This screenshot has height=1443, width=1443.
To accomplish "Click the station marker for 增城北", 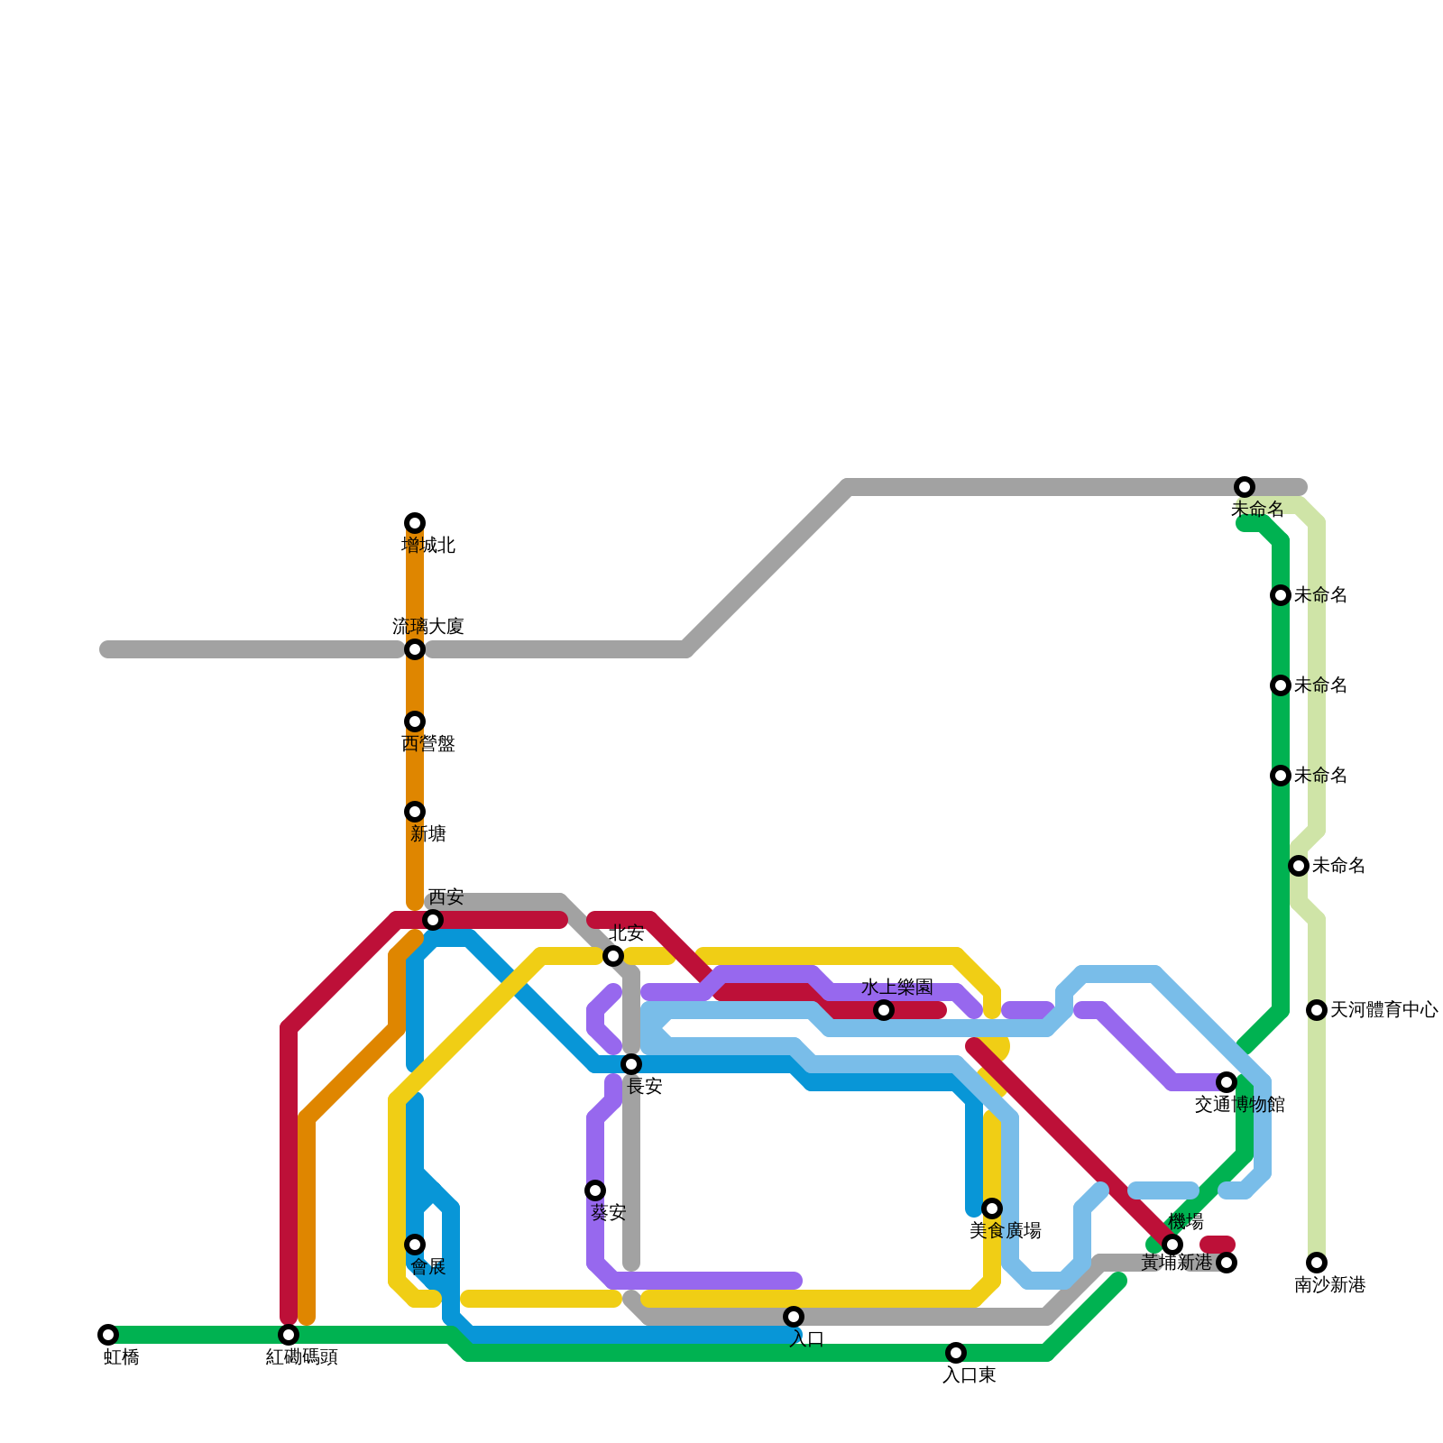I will (415, 523).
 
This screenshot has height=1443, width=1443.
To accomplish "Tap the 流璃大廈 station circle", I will (415, 649).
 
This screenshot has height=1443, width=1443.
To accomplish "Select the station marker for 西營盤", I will (415, 721).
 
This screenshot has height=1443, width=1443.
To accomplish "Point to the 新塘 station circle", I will (415, 812).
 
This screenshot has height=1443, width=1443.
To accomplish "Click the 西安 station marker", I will (433, 920).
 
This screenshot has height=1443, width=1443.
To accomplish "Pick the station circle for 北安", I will (613, 956).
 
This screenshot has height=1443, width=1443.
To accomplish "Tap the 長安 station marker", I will (631, 1064).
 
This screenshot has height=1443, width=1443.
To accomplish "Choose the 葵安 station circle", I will (595, 1190).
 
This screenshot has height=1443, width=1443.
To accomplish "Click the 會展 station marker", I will (415, 1245).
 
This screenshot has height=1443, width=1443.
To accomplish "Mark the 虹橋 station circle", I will (108, 1335).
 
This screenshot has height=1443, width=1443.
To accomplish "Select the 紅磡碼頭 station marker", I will (289, 1335).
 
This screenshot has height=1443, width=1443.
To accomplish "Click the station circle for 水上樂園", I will (884, 1010).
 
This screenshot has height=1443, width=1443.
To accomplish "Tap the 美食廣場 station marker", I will (992, 1209).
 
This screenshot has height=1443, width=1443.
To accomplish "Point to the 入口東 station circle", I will (956, 1353).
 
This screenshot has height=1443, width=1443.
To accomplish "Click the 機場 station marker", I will (1172, 1245).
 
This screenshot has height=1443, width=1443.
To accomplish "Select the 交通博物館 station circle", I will (1227, 1082).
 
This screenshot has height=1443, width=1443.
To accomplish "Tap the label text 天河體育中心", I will (1383, 1010).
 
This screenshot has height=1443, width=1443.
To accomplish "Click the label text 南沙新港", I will (1329, 1285).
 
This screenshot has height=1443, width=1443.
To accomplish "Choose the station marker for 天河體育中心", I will (1317, 1010).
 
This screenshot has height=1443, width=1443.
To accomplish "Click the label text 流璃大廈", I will (427, 627).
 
